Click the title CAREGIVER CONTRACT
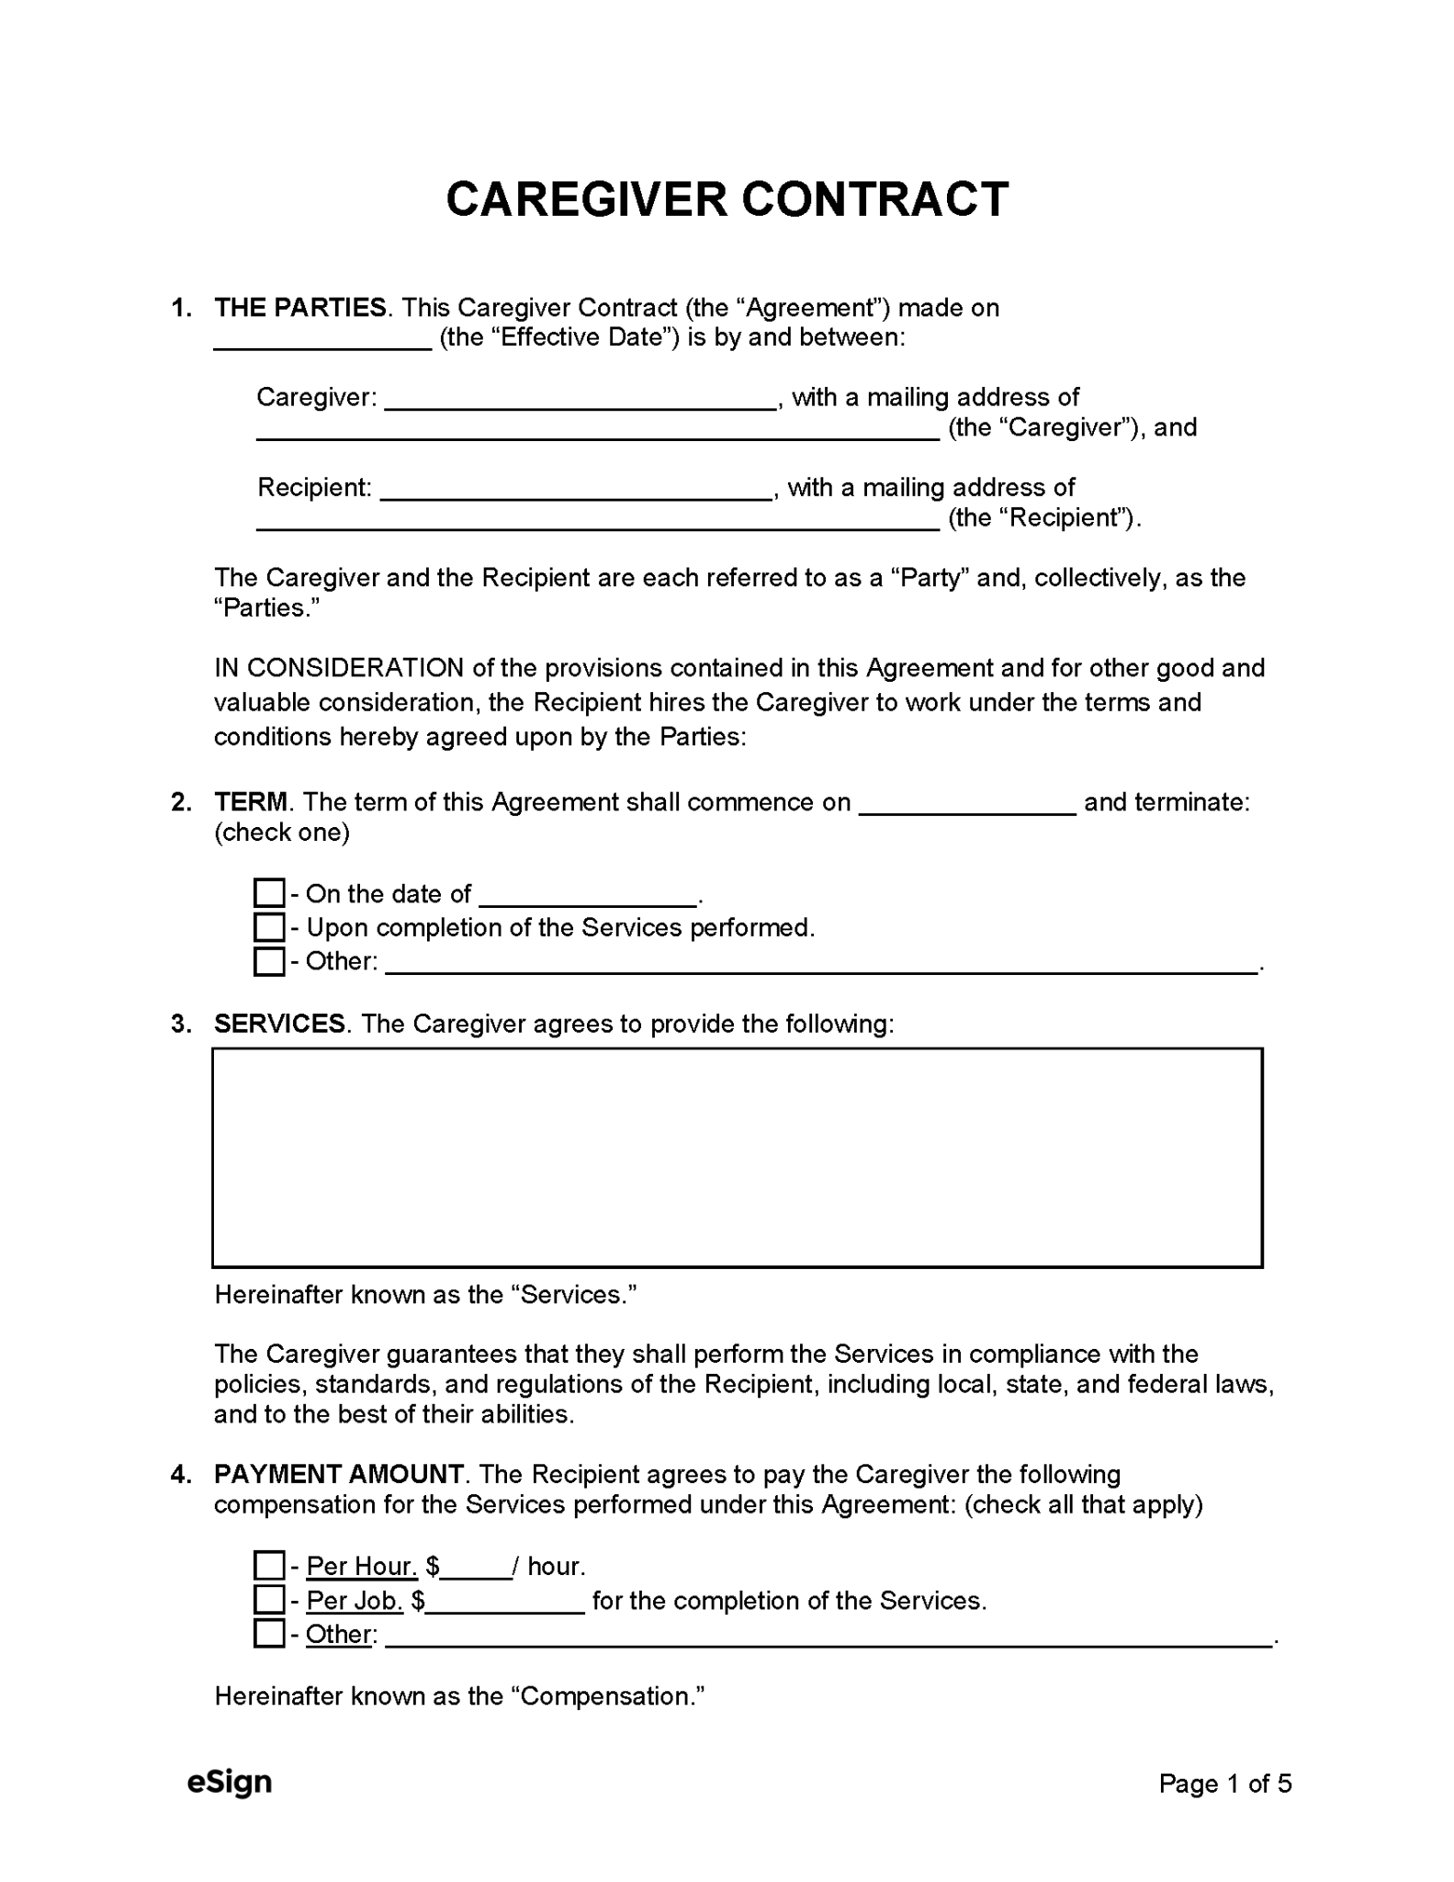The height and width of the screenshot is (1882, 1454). (727, 199)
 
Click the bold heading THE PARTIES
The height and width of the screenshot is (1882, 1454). (300, 308)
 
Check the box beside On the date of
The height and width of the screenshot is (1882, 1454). (269, 893)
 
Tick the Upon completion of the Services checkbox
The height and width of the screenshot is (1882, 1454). (269, 927)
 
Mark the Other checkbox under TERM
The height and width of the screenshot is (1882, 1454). (269, 961)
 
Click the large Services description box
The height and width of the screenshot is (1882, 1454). (737, 1157)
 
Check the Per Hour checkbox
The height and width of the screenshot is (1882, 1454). (269, 1565)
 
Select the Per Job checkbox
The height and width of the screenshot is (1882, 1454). (269, 1600)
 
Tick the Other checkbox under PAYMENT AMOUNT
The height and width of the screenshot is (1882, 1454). (269, 1634)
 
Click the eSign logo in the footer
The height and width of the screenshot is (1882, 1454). (230, 1782)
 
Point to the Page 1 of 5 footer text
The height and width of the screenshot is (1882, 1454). (1224, 1784)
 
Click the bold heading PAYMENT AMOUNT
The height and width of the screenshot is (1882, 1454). (339, 1474)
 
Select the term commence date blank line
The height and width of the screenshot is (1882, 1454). (967, 805)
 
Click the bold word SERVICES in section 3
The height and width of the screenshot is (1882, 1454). (279, 1024)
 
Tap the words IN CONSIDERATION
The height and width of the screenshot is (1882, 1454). (339, 668)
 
